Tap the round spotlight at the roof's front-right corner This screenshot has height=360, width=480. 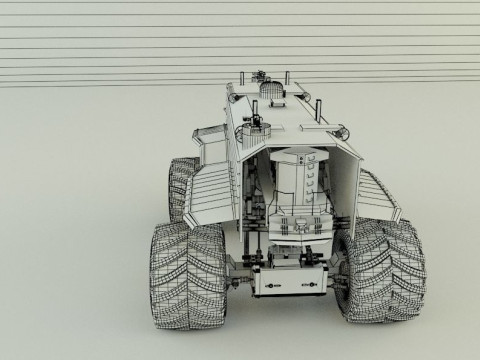345,130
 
